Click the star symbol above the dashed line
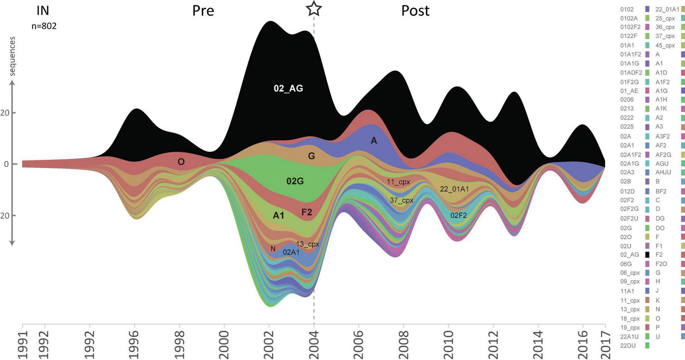click(x=314, y=9)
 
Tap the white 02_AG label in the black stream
click(x=288, y=89)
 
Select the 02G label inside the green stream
click(x=295, y=181)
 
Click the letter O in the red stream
click(x=181, y=162)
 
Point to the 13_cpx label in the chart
click(x=308, y=244)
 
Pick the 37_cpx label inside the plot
click(x=402, y=200)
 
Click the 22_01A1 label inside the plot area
click(x=454, y=189)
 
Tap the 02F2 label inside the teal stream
click(x=458, y=215)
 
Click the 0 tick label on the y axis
click(x=6, y=164)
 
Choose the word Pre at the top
click(x=203, y=11)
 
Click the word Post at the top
click(x=415, y=11)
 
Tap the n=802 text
click(x=44, y=26)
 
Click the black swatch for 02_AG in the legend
click(x=647, y=255)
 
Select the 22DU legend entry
click(x=628, y=346)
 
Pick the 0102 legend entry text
click(x=627, y=9)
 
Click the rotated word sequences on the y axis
click(x=12, y=56)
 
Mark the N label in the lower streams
click(x=273, y=249)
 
